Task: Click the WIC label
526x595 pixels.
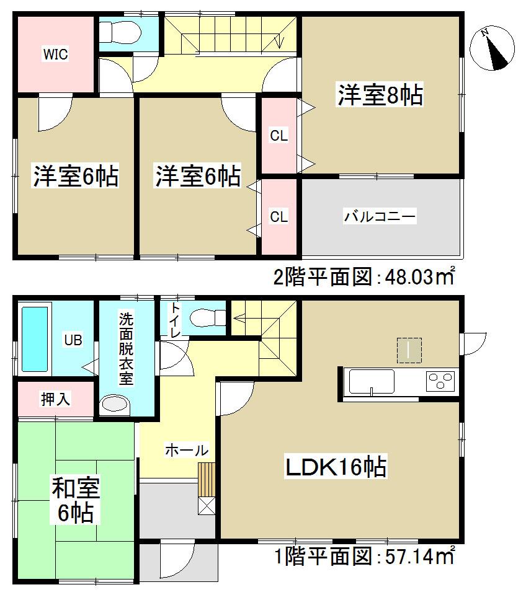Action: coord(55,54)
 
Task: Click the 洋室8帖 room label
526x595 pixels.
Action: coord(380,96)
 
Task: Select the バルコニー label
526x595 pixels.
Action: coord(380,217)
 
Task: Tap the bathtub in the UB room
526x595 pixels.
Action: coord(35,339)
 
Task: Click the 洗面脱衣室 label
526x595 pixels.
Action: coord(126,350)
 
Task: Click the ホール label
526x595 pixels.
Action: coord(185,451)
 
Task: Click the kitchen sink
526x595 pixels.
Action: coord(372,381)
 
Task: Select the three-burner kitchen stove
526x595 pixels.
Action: coord(441,380)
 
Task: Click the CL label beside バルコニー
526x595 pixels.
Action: coord(279,216)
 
